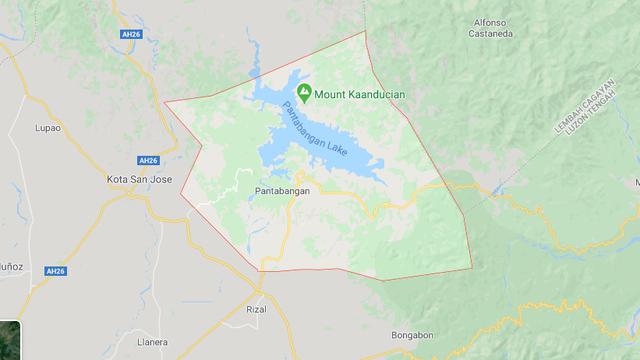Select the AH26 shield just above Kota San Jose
pyautogui.click(x=148, y=160)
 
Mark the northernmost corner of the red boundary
pyautogui.click(x=365, y=32)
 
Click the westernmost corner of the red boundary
pyautogui.click(x=165, y=102)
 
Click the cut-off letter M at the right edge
pyautogui.click(x=636, y=183)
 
